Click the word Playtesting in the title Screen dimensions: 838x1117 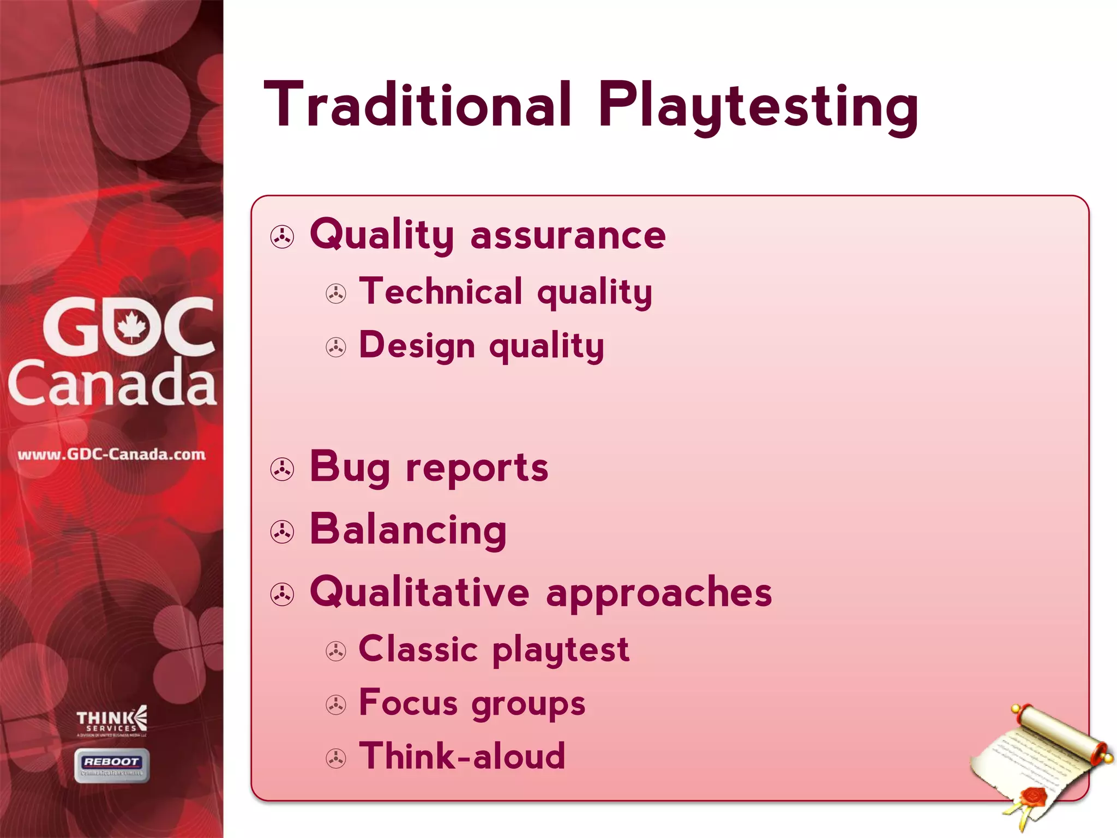tap(758, 106)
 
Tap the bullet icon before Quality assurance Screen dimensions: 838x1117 tap(282, 237)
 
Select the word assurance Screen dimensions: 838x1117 tap(568, 236)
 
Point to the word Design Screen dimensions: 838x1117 tap(417, 346)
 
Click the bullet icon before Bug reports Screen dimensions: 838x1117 tap(282, 469)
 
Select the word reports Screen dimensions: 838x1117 tap(477, 468)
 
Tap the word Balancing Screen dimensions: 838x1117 tap(408, 530)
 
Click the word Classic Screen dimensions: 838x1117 tap(418, 649)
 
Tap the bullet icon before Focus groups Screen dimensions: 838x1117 tap(335, 705)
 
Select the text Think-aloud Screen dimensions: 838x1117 tap(462, 756)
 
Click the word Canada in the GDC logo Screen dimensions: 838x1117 tap(112, 384)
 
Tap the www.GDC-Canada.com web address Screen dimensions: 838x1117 tap(111, 454)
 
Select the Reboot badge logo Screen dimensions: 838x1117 tap(112, 765)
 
